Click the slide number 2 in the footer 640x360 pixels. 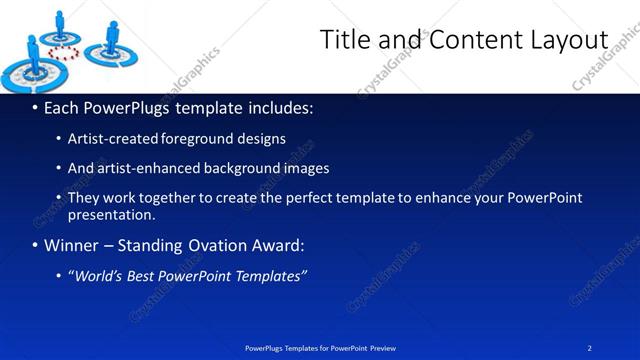tap(590, 348)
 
